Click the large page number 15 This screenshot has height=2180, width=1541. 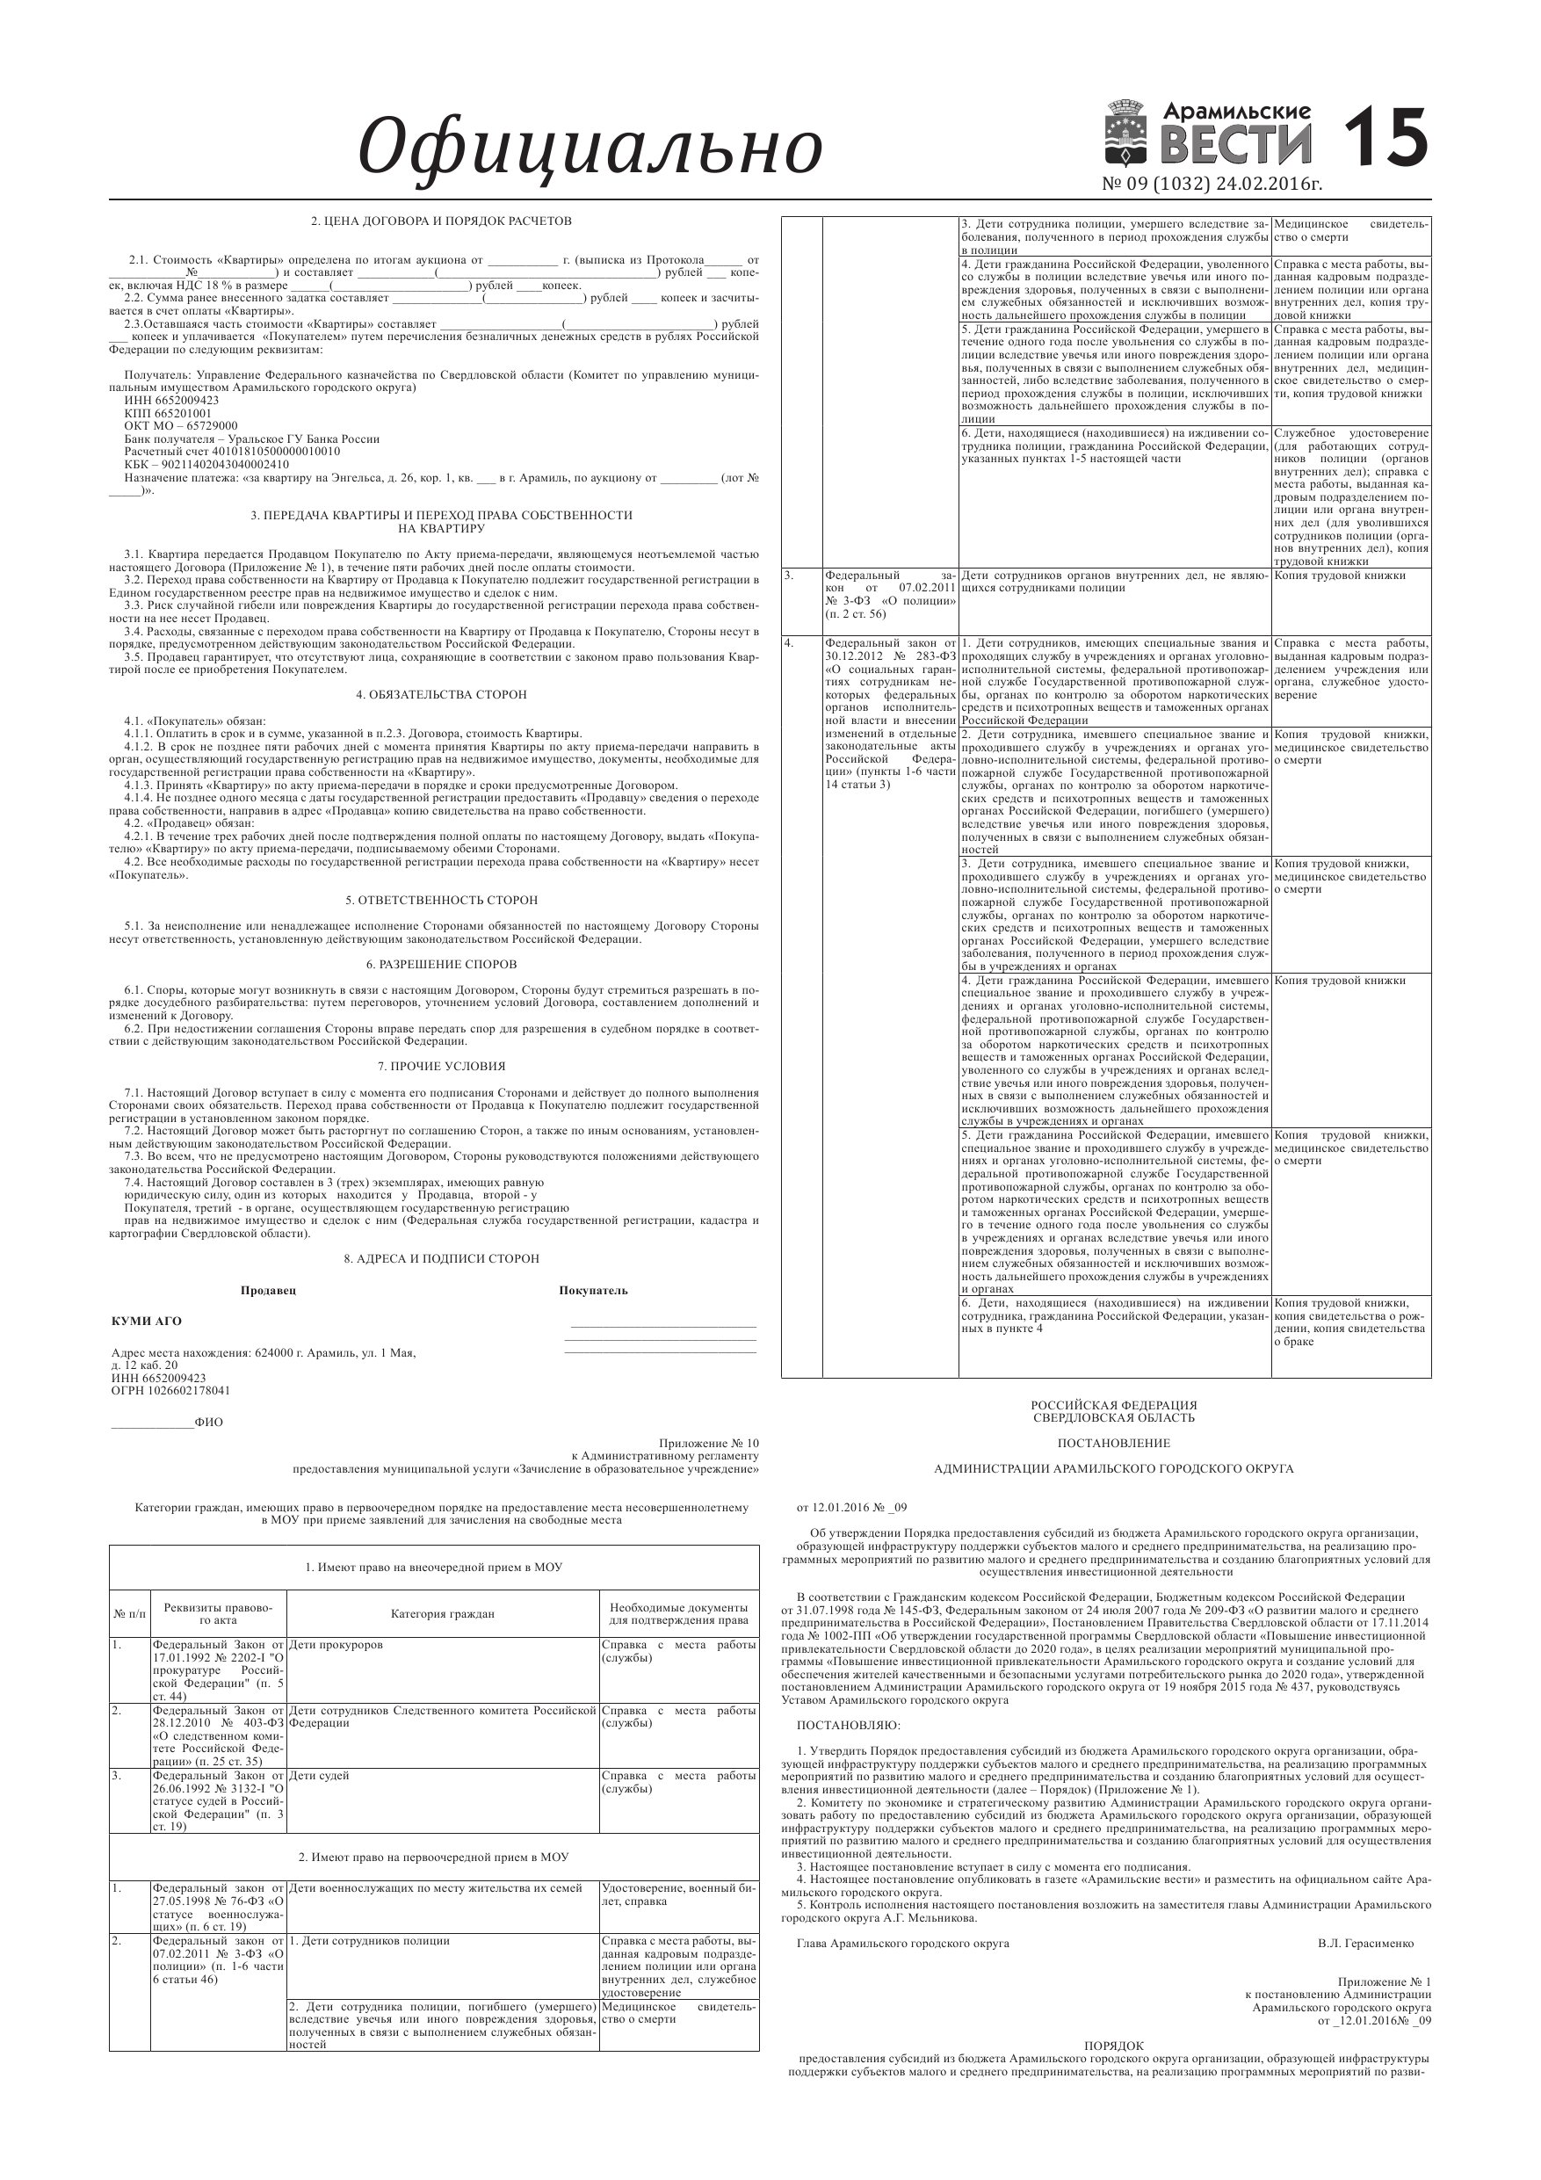(x=1385, y=138)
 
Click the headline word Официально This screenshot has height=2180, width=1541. (x=590, y=147)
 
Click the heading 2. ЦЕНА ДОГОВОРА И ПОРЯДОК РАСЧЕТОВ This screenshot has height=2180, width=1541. (x=442, y=221)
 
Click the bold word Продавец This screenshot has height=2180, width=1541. (x=268, y=1291)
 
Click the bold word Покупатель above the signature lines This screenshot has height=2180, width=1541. (x=593, y=1291)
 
